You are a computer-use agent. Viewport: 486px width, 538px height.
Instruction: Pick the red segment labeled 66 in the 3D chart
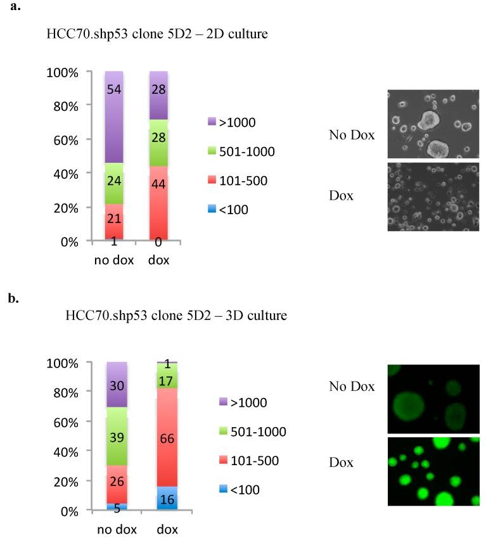(159, 437)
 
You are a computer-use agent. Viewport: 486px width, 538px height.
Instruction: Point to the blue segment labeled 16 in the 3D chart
(159, 498)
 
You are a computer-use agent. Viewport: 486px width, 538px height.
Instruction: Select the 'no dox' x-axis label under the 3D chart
(117, 530)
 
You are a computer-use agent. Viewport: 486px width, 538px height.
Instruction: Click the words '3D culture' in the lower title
(259, 315)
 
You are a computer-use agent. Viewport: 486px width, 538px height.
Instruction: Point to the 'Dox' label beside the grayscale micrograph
(342, 196)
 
